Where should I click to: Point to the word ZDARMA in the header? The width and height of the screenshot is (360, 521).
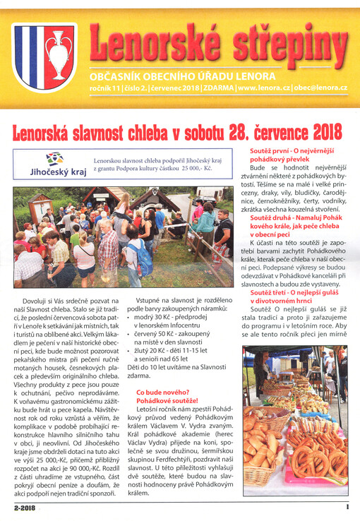pos(217,88)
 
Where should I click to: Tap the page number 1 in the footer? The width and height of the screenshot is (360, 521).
pos(347,506)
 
